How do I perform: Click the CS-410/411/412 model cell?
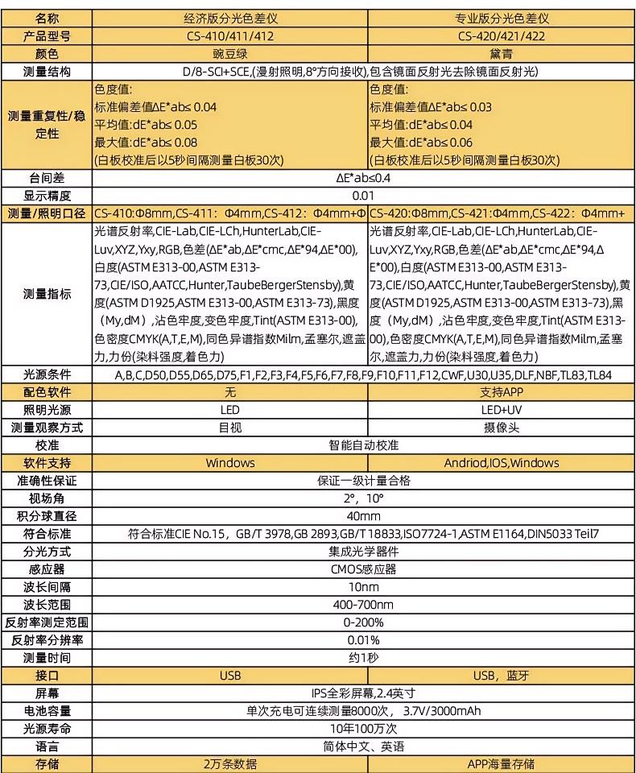(229, 35)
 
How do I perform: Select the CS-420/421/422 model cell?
(502, 35)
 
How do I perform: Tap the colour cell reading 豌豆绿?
(229, 53)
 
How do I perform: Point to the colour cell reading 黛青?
(502, 53)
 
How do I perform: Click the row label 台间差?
(47, 178)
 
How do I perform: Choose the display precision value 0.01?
(363, 196)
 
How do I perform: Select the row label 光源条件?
(47, 375)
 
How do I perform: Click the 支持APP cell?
(502, 393)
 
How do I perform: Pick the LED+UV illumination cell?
(502, 410)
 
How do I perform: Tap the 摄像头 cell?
(502, 428)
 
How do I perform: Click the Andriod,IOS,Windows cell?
(502, 463)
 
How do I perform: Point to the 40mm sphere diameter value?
(363, 516)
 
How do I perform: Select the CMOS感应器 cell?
(363, 569)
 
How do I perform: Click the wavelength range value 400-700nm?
(363, 605)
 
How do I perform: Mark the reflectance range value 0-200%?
(363, 622)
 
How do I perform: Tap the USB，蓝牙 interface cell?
(502, 676)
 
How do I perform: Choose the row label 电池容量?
(47, 711)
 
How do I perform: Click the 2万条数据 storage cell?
(229, 764)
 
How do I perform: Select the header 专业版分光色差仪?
(502, 18)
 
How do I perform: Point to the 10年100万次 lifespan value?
(363, 729)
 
